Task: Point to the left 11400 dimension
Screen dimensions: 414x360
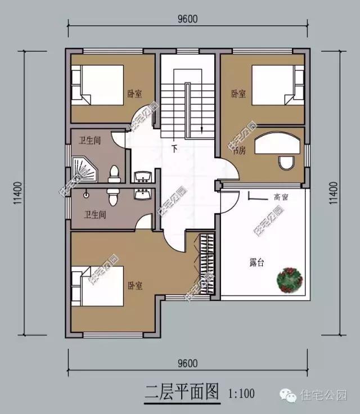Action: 19,193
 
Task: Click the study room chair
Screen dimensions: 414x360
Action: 285,163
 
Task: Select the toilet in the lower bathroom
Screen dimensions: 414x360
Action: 112,196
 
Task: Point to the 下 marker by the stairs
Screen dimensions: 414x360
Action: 174,150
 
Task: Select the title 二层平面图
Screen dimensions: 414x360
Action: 181,391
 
